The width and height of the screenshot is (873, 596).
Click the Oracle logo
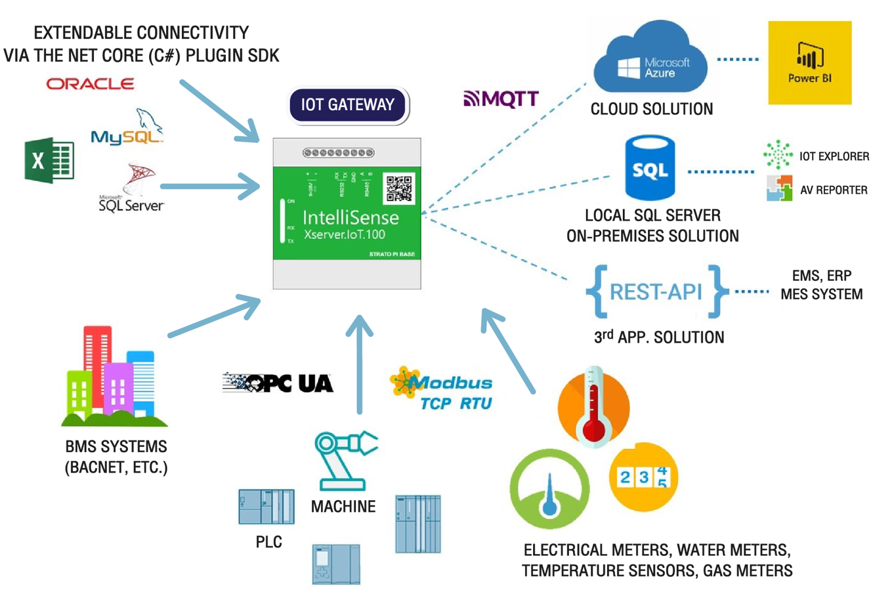(x=90, y=84)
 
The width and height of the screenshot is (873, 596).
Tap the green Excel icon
(x=49, y=160)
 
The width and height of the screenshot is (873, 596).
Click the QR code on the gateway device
(x=398, y=188)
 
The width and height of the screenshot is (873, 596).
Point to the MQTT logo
(x=501, y=99)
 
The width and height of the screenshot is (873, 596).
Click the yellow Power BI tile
(x=809, y=63)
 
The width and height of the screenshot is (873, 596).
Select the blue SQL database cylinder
(x=650, y=169)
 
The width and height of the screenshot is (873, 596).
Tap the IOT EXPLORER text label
(x=834, y=156)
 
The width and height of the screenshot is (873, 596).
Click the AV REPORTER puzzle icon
(x=779, y=188)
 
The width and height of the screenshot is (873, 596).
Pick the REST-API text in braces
(x=656, y=291)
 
